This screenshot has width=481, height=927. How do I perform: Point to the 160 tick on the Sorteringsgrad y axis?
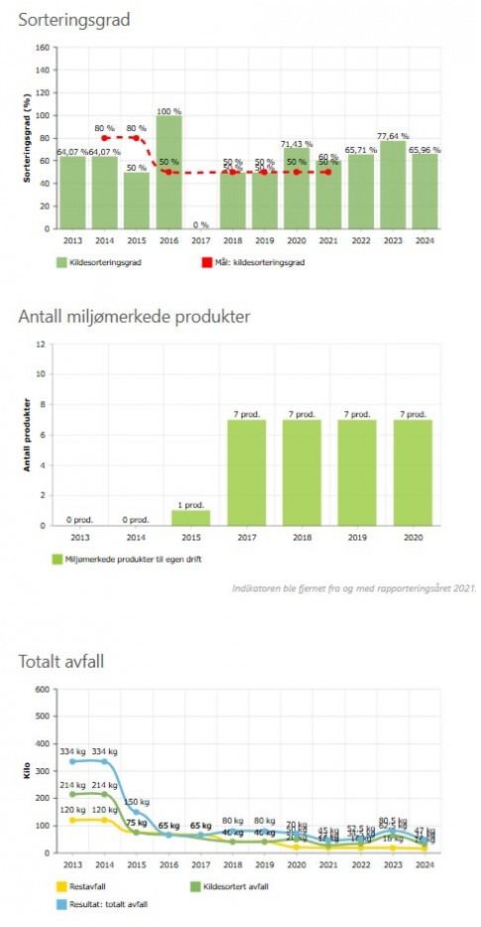(42, 47)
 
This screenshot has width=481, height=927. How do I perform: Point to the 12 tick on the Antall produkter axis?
(42, 344)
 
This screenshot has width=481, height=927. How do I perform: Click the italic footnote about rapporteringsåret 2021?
(353, 588)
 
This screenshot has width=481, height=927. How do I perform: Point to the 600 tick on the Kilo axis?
(41, 690)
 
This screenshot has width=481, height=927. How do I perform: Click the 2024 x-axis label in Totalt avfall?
(424, 864)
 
